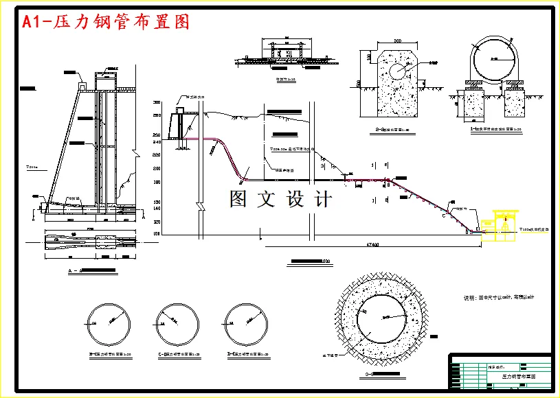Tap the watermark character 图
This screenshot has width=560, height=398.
tap(238, 199)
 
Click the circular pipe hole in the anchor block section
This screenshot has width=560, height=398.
tap(397, 71)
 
